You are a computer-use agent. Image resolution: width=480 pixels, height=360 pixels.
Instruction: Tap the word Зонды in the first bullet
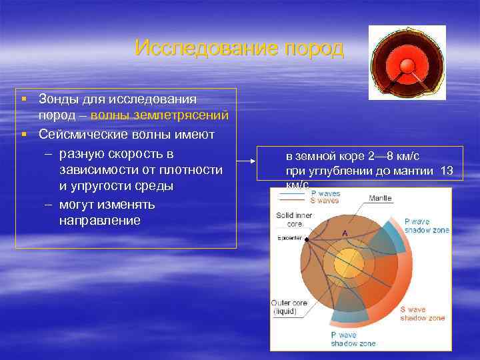(x=60, y=99)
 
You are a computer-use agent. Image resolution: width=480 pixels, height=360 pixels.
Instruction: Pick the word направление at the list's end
(x=99, y=220)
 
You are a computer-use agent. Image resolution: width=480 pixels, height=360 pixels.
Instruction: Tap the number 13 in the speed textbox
(x=447, y=171)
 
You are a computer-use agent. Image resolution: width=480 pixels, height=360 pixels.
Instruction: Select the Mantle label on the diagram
(x=380, y=198)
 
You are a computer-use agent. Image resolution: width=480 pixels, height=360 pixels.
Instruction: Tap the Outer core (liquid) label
(x=289, y=307)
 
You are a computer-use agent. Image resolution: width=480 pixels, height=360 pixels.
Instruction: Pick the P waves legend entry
(x=325, y=193)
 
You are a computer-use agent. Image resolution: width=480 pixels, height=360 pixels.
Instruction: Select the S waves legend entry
(x=325, y=201)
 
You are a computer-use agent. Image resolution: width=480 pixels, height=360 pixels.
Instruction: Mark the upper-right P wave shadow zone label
(x=427, y=225)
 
